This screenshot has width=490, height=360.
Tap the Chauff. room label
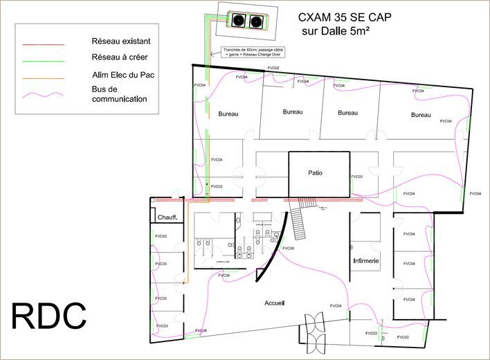coord(168,217)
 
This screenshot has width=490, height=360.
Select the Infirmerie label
coord(365,261)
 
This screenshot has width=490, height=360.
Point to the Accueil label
coord(275,303)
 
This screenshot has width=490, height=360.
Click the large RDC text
coord(49,316)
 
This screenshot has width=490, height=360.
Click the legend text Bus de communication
coord(119,93)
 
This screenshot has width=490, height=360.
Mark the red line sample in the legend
coord(43,44)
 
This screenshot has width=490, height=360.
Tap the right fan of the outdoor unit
coord(258,21)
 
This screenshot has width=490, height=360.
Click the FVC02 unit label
coord(273,68)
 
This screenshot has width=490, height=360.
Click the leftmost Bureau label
coord(228,114)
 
